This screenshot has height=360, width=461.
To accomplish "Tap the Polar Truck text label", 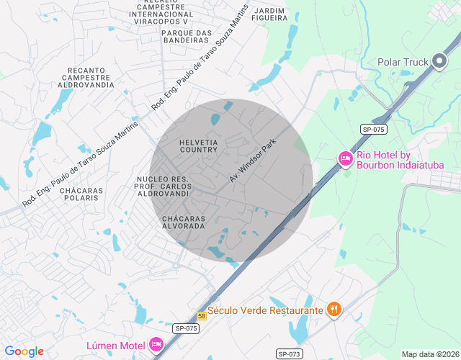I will tap(403, 62).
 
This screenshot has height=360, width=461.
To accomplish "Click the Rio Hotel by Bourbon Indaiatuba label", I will tap(400, 160).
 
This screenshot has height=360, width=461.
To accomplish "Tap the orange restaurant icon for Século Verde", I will tap(334, 310).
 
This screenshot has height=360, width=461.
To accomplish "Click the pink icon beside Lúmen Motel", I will tap(156, 345).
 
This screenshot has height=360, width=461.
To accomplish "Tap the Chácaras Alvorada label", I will tap(184, 222).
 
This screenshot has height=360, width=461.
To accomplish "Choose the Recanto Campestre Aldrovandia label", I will tap(90, 77).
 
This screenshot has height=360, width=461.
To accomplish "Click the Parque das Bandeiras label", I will tap(187, 36).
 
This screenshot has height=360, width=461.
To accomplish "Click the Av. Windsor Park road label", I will tap(253, 161).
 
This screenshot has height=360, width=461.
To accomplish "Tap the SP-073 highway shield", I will tap(290, 354).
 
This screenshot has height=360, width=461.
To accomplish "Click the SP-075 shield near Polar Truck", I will tap(374, 129).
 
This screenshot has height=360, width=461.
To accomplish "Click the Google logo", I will tap(24, 351).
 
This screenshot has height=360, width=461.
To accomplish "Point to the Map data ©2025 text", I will tap(429, 354).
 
